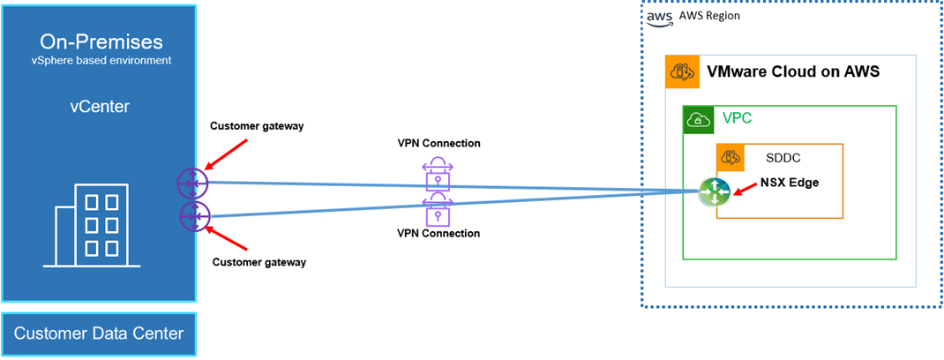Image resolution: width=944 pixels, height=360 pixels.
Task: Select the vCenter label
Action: (x=99, y=107)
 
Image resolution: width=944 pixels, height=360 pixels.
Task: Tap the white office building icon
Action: (x=91, y=226)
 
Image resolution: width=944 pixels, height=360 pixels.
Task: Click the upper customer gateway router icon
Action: (x=191, y=183)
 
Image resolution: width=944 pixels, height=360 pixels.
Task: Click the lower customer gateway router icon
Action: (x=193, y=215)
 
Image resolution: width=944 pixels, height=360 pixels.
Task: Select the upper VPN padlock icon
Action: (x=438, y=173)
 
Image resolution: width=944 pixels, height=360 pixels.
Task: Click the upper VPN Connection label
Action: (x=438, y=143)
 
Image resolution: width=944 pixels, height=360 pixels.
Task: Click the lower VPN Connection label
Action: (x=438, y=234)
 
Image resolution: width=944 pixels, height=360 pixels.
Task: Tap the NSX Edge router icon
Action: (x=712, y=192)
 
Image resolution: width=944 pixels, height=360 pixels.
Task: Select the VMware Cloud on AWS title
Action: (x=793, y=71)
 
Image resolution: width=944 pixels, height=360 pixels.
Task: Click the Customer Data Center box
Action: (x=99, y=333)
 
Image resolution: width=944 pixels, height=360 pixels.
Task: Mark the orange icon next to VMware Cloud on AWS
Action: (x=683, y=71)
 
